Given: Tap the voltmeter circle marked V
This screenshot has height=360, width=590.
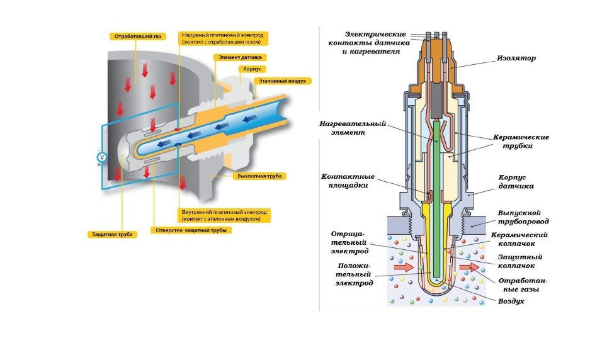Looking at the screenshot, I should [103, 157].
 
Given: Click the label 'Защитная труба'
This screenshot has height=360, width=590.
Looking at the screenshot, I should [111, 234].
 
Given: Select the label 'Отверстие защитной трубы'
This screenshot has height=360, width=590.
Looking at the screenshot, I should [190, 230].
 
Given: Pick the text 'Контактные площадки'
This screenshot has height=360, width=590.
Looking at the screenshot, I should [348, 181].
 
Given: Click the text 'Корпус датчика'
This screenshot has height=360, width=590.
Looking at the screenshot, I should [516, 183].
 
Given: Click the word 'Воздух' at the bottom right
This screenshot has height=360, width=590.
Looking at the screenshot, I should [511, 301].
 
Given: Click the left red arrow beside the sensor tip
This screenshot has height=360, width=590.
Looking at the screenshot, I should [401, 267].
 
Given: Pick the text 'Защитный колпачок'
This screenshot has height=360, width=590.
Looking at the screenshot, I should [520, 261].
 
